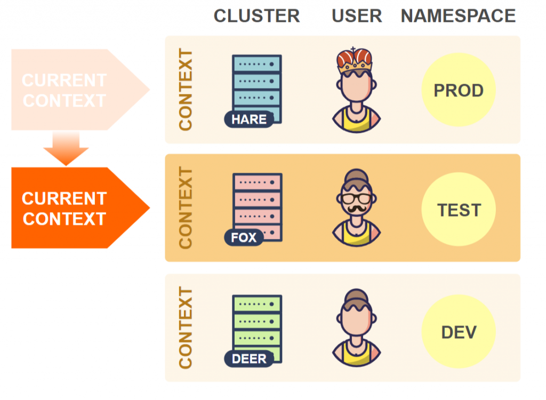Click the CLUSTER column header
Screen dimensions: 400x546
pyautogui.click(x=256, y=16)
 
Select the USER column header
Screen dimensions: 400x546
pyautogui.click(x=357, y=16)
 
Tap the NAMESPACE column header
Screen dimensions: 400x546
pyautogui.click(x=458, y=16)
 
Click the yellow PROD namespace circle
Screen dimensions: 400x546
pyautogui.click(x=459, y=90)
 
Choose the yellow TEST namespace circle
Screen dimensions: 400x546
pyautogui.click(x=459, y=210)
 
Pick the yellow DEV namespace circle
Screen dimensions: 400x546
pyautogui.click(x=459, y=332)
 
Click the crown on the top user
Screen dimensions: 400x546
pyautogui.click(x=354, y=61)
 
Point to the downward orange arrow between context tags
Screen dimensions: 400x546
pyautogui.click(x=66, y=147)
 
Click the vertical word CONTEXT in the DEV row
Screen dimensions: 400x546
pyautogui.click(x=185, y=327)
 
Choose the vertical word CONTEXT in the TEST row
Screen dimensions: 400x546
pyautogui.click(x=185, y=208)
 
